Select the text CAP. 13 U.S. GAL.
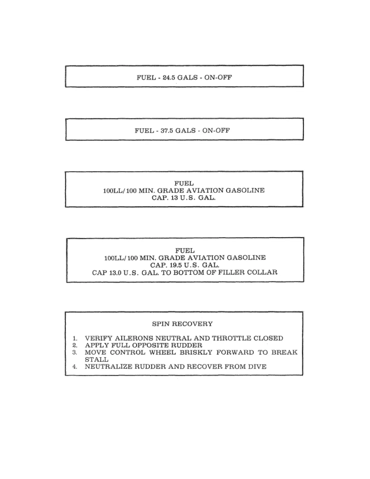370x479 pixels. pos(184,198)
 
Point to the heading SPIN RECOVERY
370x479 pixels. pos(182,324)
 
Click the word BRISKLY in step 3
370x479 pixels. pos(196,352)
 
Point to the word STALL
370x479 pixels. pos(96,360)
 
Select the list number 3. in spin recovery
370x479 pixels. pos(75,353)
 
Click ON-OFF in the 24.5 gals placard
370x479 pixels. pos(218,77)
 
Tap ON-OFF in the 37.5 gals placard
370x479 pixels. pos(216,131)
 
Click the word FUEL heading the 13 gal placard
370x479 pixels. pos(184,183)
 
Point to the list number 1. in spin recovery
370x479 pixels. pos(75,338)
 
